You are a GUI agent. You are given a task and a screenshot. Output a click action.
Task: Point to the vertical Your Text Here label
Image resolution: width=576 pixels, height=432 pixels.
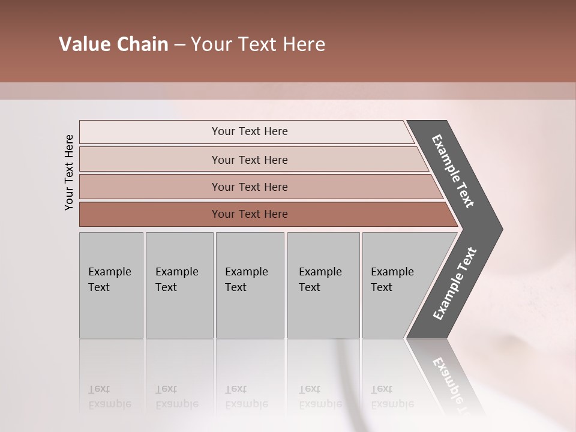tap(69, 173)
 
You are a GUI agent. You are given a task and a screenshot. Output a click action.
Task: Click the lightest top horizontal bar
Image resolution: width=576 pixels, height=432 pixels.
tap(249, 131)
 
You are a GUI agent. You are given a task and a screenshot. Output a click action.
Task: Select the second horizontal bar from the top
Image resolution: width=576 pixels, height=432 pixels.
tap(249, 160)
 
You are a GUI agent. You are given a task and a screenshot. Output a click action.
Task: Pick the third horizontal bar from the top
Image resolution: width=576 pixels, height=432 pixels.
tap(249, 187)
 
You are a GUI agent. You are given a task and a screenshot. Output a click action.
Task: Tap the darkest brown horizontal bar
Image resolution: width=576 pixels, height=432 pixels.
tap(249, 214)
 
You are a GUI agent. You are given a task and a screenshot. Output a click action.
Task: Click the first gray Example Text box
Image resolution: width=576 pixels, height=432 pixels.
tap(111, 285)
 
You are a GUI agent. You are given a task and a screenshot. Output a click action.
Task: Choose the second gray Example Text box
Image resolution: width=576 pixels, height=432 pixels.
tap(179, 285)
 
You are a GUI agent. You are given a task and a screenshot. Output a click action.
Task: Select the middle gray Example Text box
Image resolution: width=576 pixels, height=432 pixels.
tap(250, 285)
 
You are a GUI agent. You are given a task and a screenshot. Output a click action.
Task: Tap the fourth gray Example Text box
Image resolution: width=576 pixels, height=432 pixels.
tap(323, 285)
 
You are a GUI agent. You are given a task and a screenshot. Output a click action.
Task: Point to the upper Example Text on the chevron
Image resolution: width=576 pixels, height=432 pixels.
tap(453, 171)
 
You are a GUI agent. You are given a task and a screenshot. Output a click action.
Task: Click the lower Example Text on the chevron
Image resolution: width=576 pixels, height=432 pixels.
tap(455, 284)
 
